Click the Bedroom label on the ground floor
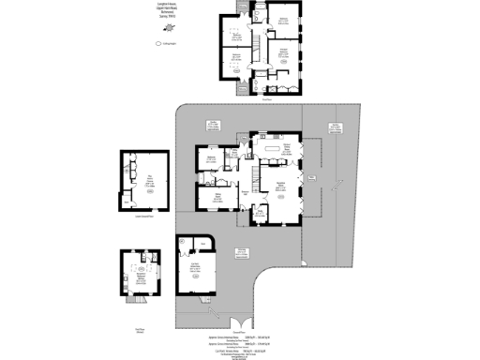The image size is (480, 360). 214,158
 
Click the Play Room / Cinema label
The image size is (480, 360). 148,178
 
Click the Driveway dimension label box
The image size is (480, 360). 242,252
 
